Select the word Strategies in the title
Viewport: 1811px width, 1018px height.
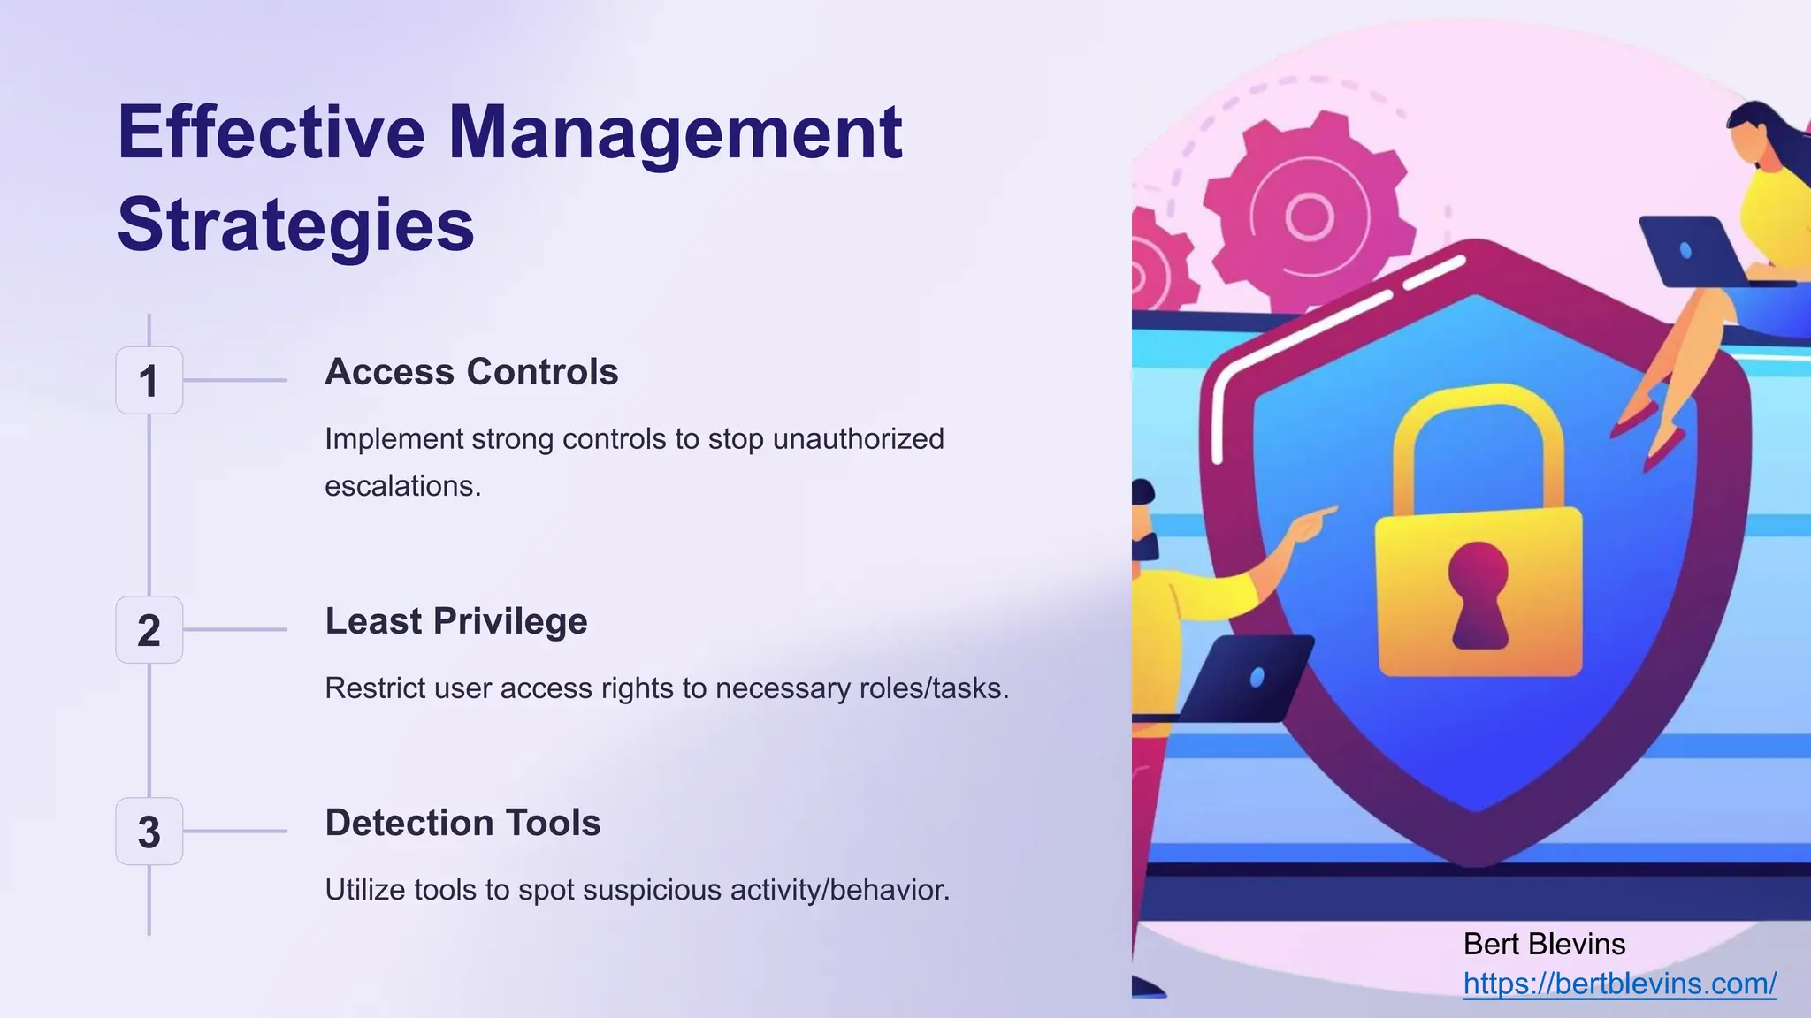point(295,224)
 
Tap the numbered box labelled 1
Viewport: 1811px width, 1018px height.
point(149,381)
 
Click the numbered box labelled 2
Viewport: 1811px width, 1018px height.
point(149,630)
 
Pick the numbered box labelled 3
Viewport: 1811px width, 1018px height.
point(149,832)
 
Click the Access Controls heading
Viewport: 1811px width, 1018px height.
point(471,372)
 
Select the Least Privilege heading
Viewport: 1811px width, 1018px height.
point(455,621)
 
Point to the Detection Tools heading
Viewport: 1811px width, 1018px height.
point(462,823)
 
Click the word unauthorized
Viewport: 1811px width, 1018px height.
point(858,439)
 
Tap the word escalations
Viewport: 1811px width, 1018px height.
point(402,486)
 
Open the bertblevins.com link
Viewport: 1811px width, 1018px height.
point(1619,984)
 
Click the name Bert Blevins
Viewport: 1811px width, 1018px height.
point(1544,945)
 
